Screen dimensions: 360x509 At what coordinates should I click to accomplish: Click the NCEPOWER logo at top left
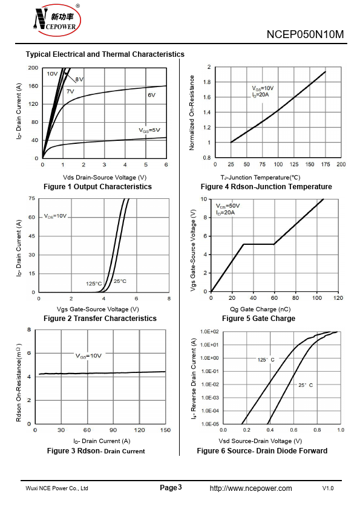coord(57,20)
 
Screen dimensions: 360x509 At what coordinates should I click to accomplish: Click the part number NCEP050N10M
coord(305,34)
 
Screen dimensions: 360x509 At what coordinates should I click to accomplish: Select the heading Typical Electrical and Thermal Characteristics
coord(105,54)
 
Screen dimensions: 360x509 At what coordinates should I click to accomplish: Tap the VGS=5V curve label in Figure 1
coord(149,130)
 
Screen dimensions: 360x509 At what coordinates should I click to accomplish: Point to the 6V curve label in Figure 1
coord(151,95)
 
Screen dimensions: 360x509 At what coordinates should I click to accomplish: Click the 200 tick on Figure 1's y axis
coord(33,68)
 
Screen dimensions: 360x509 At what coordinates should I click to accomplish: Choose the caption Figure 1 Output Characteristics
coord(97,187)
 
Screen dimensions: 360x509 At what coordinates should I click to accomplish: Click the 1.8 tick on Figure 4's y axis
coord(207,82)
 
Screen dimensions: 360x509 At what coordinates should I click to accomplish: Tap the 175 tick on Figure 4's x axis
coord(326,164)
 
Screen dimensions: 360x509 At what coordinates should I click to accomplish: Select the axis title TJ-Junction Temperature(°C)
coord(260,178)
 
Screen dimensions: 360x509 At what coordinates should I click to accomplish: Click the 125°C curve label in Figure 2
coord(94,284)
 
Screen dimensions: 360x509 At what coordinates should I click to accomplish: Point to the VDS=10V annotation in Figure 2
coord(55,216)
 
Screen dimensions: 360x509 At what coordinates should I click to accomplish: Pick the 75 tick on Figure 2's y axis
coord(32,198)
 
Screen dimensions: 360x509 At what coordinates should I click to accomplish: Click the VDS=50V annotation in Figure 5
coord(227,206)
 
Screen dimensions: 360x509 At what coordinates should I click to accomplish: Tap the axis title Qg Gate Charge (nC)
coord(260,310)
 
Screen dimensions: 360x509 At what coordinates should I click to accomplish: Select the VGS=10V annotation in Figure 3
coord(88,356)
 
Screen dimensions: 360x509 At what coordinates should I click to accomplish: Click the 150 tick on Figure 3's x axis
coord(165,430)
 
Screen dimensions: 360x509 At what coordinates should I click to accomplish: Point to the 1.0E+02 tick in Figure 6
coord(209,332)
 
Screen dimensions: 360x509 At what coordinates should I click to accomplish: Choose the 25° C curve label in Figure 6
coord(306,385)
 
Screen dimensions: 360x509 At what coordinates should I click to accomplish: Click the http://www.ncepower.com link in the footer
coord(251,488)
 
